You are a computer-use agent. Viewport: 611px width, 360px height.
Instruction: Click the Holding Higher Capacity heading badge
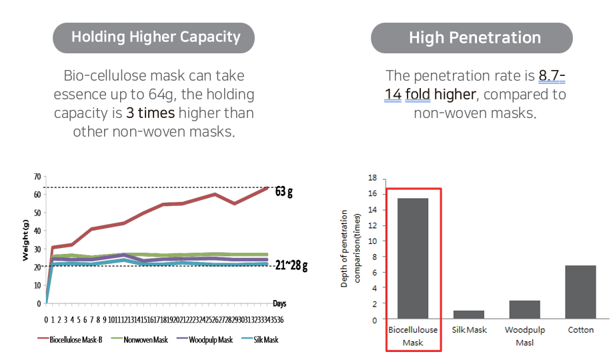point(153,37)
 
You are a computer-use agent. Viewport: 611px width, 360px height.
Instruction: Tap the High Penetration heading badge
point(472,37)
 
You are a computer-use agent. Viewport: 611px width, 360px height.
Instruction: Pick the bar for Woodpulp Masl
point(525,309)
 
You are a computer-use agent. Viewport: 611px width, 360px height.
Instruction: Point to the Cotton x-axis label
point(580,330)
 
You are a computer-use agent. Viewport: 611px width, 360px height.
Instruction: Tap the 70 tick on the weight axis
point(37,177)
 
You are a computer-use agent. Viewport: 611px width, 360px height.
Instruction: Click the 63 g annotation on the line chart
point(284,192)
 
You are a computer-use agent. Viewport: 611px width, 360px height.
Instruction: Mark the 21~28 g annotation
point(291,266)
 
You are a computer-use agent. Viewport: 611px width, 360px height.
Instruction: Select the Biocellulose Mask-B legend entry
point(71,339)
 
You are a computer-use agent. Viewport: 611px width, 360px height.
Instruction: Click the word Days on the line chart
point(279,303)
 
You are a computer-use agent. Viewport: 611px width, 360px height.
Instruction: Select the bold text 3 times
point(151,113)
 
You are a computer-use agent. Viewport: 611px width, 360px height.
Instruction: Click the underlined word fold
point(418,94)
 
